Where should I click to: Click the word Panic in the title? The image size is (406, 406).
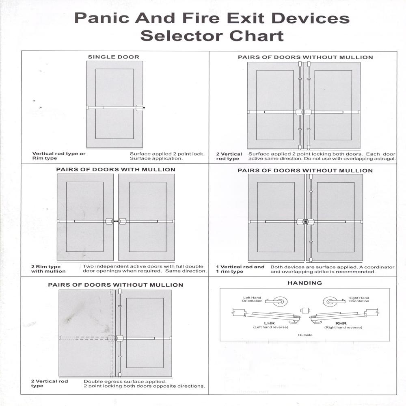click(x=102, y=18)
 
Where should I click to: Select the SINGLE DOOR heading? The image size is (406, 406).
click(x=113, y=57)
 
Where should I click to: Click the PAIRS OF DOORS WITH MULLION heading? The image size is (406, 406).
click(x=116, y=170)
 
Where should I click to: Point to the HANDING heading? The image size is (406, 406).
click(x=305, y=283)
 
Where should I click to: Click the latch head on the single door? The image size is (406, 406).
click(x=140, y=108)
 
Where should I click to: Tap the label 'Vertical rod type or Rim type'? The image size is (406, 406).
click(x=59, y=156)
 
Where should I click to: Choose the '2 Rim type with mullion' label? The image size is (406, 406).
click(x=48, y=269)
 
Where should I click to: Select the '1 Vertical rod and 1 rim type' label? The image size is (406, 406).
click(x=240, y=269)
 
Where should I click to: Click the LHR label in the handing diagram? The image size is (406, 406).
click(x=269, y=323)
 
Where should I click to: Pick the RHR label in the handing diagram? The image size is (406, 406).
click(x=341, y=324)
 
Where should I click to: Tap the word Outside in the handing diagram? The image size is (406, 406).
click(x=305, y=335)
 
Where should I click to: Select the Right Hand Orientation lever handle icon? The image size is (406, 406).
click(x=334, y=301)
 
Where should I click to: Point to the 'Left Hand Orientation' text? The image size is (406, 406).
click(x=252, y=299)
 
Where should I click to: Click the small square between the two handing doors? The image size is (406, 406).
click(x=305, y=311)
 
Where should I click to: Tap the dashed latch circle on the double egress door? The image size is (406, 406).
click(x=111, y=338)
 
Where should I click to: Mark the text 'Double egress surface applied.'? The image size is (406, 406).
click(x=125, y=382)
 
